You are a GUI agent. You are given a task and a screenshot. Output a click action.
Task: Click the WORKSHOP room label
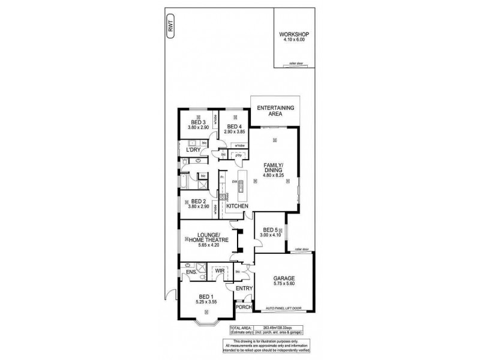click(x=292, y=35)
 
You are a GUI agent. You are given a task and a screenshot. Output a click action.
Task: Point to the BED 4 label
click(x=234, y=126)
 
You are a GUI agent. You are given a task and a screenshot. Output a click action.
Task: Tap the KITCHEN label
click(x=237, y=206)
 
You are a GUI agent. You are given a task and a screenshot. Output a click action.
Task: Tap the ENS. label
click(x=191, y=273)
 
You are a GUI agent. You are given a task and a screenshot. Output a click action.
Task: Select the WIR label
click(x=220, y=271)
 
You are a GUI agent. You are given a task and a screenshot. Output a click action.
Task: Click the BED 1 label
click(x=206, y=297)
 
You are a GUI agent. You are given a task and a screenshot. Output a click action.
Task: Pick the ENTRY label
click(x=244, y=289)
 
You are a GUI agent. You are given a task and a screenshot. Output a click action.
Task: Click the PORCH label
click(x=243, y=308)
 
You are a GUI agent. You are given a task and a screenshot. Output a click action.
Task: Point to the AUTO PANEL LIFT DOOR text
click(x=283, y=309)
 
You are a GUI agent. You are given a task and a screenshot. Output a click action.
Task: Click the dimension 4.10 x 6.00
click(x=292, y=40)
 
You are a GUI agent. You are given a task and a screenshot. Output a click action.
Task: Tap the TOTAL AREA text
click(x=243, y=327)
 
